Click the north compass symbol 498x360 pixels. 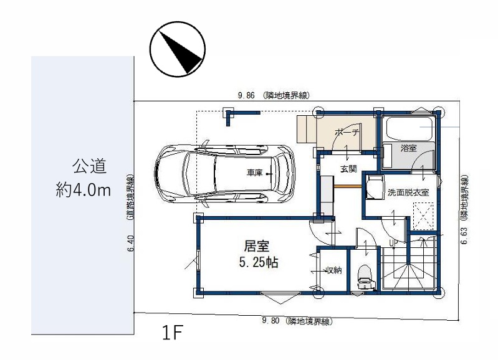click(178, 49)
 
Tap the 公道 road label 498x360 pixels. click(89, 166)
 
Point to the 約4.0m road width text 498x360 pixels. click(84, 190)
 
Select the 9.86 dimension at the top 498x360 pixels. click(246, 95)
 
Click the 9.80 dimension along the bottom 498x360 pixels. click(271, 321)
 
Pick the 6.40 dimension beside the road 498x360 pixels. click(131, 243)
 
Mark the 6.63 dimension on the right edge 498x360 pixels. click(464, 235)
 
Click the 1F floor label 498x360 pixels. click(173, 333)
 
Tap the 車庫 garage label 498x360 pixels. click(254, 173)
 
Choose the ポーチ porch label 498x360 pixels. click(347, 132)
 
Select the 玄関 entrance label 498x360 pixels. click(348, 169)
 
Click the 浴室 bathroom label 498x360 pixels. click(408, 148)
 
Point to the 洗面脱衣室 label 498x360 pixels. click(408, 192)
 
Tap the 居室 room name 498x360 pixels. click(257, 246)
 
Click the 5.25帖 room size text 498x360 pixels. click(259, 263)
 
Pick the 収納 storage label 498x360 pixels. click(334, 270)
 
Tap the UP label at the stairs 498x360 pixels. click(393, 243)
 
